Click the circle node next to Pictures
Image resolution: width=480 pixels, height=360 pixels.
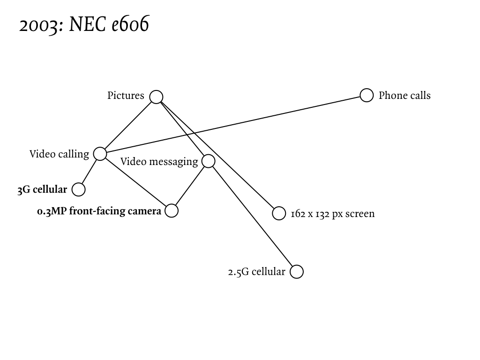pos(156,97)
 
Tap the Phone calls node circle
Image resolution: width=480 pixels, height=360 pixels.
pos(367,95)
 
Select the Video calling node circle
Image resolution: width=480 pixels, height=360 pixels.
pos(100,153)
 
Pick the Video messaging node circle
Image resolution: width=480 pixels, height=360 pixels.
pos(208,161)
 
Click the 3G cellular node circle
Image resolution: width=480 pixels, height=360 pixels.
pos(79,189)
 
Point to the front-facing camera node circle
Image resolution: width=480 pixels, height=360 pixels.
pos(172,211)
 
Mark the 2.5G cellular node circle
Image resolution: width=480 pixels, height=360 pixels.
pos(297,272)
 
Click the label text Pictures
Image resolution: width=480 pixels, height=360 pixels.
pos(126,96)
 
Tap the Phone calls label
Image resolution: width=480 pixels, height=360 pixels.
pos(404,96)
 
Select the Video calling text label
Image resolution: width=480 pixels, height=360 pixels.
pos(59,154)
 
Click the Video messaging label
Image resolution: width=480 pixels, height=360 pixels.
pos(159,162)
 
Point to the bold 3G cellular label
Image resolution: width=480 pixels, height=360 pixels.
pos(42,190)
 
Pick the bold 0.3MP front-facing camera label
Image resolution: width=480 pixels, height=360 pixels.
pos(99,211)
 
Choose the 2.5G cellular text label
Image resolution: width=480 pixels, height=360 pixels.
pos(256,272)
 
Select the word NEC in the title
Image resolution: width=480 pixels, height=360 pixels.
pos(88,25)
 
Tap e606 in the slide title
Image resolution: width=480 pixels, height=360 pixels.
pos(130,25)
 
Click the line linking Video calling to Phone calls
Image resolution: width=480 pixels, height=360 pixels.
pos(234,124)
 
